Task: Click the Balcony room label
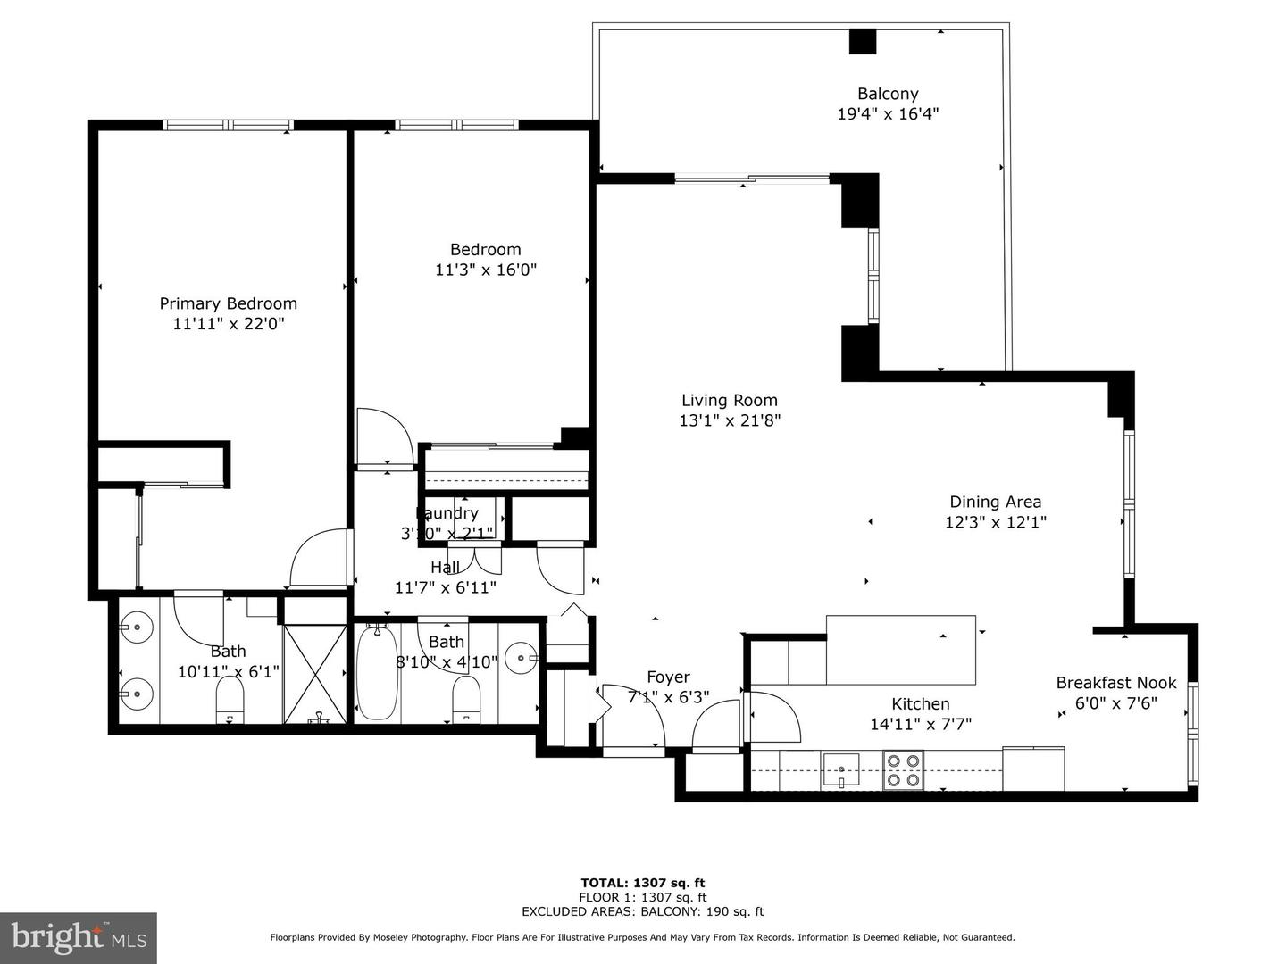888,94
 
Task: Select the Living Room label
730,401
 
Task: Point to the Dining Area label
995,502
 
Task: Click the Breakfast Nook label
1116,683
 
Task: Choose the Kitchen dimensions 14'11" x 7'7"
921,724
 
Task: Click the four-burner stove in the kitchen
903,770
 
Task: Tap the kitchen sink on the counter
840,769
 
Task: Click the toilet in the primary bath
230,702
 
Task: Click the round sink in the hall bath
521,659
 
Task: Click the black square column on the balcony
863,42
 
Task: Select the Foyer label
668,677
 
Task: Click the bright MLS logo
79,937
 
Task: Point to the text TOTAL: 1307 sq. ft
642,883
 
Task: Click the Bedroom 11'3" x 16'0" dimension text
486,270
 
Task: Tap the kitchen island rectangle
900,649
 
